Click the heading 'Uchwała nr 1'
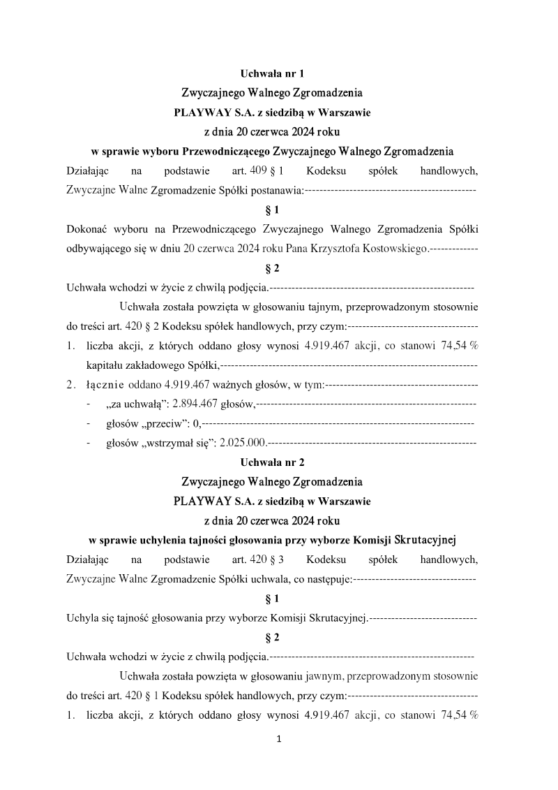coord(272,73)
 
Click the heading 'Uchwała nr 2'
coord(272,462)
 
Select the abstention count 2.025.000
coord(243,442)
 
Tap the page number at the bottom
coord(279,739)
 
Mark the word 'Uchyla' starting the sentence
coord(81,617)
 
